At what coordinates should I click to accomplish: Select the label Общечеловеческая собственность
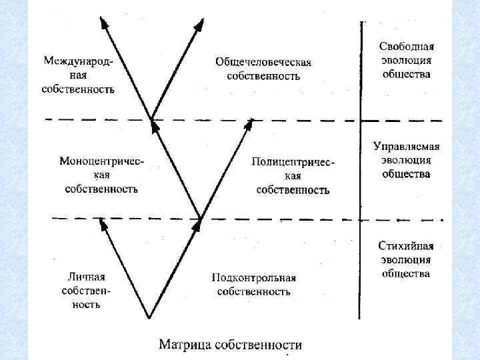pyautogui.click(x=263, y=69)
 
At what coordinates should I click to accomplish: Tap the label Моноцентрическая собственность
pyautogui.click(x=101, y=175)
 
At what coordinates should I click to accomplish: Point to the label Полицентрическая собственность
pyautogui.click(x=293, y=176)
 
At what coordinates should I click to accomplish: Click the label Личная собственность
pyautogui.click(x=86, y=290)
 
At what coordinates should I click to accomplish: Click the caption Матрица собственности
pyautogui.click(x=229, y=345)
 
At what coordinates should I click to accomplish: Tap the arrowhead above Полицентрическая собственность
pyautogui.click(x=250, y=123)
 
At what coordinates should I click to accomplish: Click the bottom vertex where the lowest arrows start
pyautogui.click(x=149, y=317)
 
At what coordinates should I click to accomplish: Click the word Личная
pyautogui.click(x=86, y=276)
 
